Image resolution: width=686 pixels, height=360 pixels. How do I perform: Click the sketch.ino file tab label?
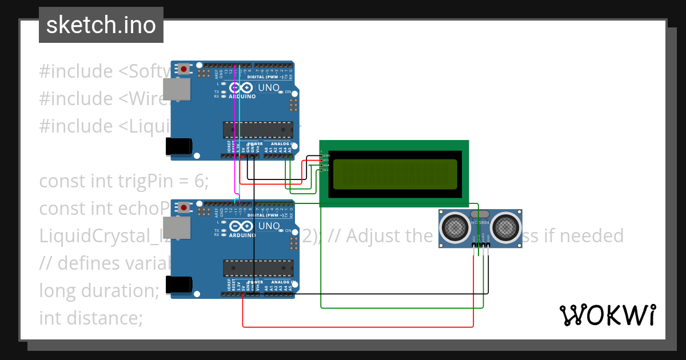pyautogui.click(x=101, y=25)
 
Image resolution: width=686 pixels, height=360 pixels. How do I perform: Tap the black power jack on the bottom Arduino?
pyautogui.click(x=177, y=285)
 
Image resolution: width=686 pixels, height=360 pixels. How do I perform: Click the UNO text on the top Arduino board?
pyautogui.click(x=269, y=88)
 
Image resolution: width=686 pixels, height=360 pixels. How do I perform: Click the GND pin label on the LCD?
pyautogui.click(x=326, y=155)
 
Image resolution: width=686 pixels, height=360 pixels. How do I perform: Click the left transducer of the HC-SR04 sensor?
pyautogui.click(x=456, y=227)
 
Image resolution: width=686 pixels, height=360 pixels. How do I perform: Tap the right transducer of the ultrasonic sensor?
pyautogui.click(x=505, y=227)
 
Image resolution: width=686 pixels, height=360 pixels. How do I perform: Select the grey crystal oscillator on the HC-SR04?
pyautogui.click(x=480, y=214)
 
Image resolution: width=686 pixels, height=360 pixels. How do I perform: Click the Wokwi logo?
pyautogui.click(x=607, y=315)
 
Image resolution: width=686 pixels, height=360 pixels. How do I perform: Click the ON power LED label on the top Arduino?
pyautogui.click(x=288, y=92)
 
